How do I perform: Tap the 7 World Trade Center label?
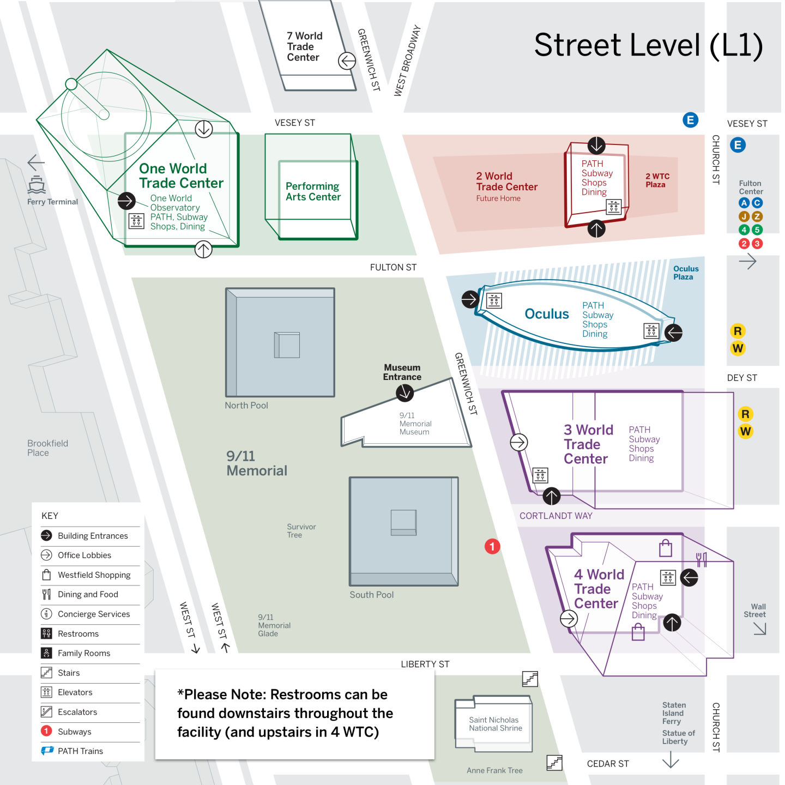coord(304,47)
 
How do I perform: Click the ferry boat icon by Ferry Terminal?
coord(37,185)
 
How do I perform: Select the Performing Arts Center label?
coord(313,191)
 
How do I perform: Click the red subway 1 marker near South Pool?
coord(492,546)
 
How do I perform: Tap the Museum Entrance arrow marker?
coord(404,392)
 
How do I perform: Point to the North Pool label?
coord(246,406)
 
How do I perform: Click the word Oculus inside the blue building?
coord(546,314)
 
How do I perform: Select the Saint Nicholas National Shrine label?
coord(495,724)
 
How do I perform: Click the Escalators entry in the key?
coord(77,712)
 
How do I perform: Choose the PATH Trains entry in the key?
coord(80,751)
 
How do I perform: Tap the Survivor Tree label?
coord(301,530)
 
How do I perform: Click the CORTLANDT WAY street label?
coord(555,516)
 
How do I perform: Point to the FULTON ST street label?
coord(393,267)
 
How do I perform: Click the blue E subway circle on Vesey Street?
coord(690,120)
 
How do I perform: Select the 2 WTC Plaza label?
coord(657,180)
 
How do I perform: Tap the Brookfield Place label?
coord(47,448)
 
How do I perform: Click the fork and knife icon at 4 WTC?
coord(702,559)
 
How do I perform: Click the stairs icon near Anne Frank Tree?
coord(554,763)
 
